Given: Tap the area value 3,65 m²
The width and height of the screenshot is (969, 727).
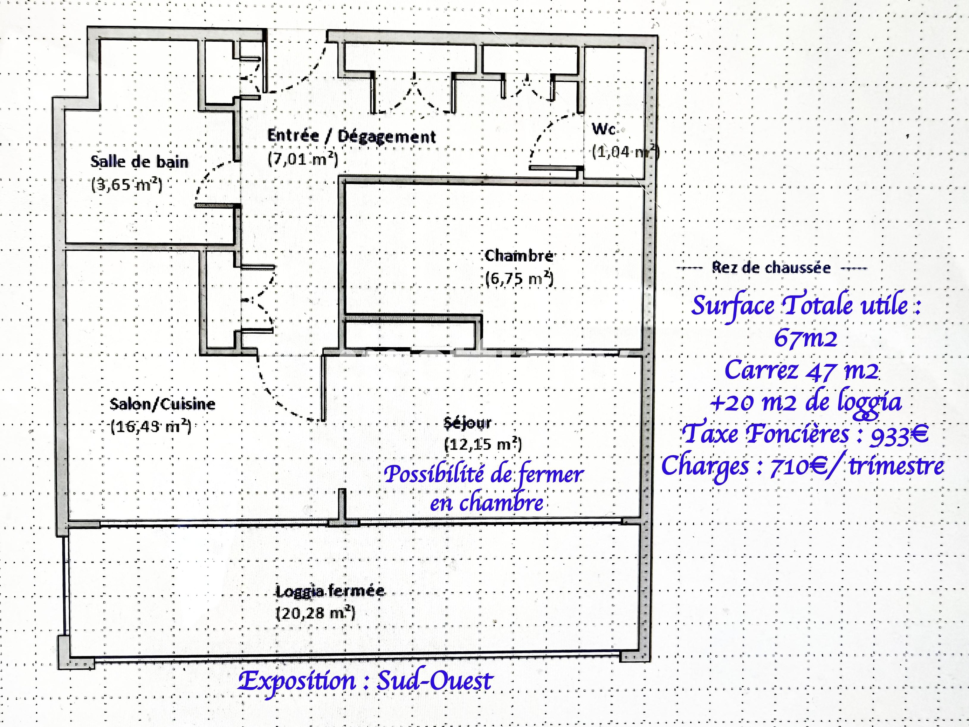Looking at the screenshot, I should [126, 184].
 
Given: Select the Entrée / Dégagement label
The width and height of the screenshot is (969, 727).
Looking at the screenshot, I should [351, 136].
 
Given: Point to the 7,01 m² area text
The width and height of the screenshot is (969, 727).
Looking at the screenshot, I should [303, 159].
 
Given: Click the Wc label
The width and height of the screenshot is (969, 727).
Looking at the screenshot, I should [604, 129].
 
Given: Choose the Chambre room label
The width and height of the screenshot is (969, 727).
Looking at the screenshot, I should [519, 256].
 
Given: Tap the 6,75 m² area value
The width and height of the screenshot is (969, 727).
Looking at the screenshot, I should [520, 279].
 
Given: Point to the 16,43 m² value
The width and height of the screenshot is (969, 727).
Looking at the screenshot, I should [151, 426].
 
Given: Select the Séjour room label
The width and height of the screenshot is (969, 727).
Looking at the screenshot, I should [467, 422].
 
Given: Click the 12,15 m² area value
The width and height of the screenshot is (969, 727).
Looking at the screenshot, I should [483, 444].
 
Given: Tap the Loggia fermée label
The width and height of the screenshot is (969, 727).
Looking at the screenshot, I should [330, 591].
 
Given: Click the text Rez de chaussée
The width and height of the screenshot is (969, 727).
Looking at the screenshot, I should [771, 267].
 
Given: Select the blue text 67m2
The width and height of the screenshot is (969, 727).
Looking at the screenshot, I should [805, 338].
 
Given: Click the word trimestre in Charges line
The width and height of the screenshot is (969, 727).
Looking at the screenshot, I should [896, 466].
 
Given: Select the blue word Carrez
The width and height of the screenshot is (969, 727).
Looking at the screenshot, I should [761, 370].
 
